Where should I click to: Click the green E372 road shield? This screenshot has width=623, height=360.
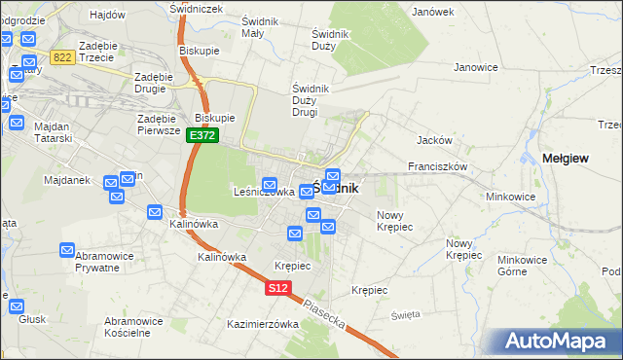tap(202, 136)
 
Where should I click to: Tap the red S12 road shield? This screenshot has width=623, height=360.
tap(278, 288)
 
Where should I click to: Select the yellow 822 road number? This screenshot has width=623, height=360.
tap(63, 58)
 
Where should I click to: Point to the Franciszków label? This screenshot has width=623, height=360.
tap(438, 166)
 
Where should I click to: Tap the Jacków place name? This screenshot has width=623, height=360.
tap(433, 140)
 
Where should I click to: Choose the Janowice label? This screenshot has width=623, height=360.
tap(476, 67)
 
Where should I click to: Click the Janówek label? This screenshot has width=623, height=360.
tap(433, 12)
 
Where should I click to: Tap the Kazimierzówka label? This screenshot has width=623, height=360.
tap(262, 324)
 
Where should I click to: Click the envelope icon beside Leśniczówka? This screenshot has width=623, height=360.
tap(271, 184)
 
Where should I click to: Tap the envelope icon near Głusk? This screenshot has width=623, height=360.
tap(18, 306)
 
